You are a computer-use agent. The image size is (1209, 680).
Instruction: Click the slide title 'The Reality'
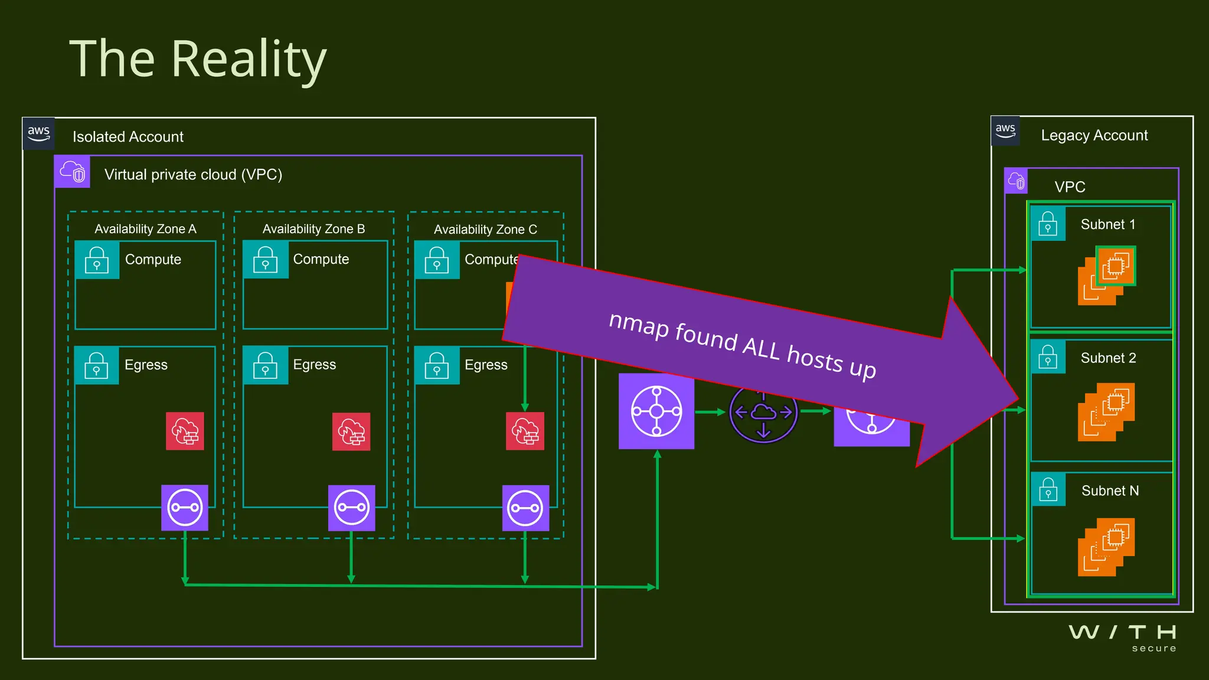click(x=198, y=59)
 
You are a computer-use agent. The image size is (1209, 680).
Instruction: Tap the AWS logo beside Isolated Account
click(x=39, y=133)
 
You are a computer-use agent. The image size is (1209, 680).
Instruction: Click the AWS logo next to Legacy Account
click(x=1005, y=130)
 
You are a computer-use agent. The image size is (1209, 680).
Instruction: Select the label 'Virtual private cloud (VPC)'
click(x=193, y=175)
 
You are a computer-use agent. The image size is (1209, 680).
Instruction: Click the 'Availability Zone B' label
click(x=313, y=229)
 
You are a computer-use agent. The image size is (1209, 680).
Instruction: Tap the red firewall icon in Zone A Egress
click(x=185, y=431)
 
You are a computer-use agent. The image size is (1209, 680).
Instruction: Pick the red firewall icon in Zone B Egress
click(x=351, y=431)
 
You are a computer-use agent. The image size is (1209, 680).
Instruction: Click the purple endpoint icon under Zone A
click(x=185, y=508)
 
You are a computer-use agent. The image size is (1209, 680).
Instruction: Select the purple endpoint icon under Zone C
click(x=525, y=508)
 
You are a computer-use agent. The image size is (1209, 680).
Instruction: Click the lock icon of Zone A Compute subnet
click(x=97, y=260)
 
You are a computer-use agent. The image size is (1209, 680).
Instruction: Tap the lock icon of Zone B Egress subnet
click(x=265, y=365)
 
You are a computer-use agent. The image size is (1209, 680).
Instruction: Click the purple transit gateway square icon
click(x=656, y=411)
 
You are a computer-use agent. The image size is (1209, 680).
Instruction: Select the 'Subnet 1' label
click(x=1107, y=224)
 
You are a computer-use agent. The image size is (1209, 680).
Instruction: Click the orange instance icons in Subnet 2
click(x=1106, y=412)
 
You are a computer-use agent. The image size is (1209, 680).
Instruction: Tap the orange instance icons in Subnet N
click(x=1106, y=547)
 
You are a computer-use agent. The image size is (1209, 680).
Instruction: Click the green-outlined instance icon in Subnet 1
click(x=1116, y=266)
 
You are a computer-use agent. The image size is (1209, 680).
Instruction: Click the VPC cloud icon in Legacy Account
click(x=1016, y=181)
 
